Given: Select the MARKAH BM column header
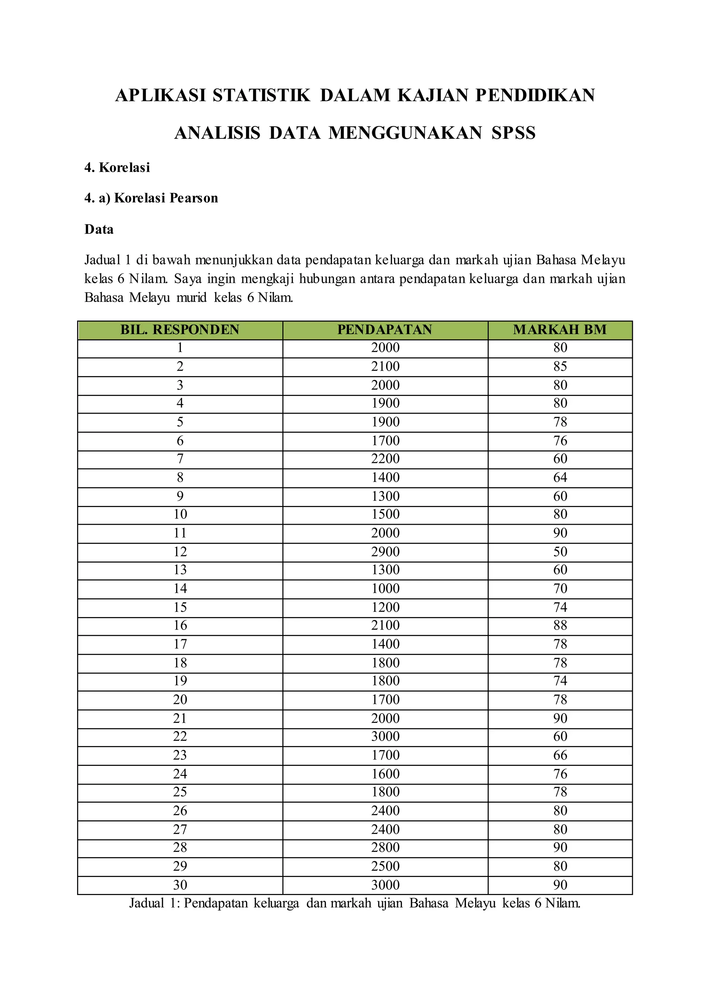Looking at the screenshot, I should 560,330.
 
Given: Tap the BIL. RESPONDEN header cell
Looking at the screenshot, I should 180,330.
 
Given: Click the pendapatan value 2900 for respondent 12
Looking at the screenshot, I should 385,551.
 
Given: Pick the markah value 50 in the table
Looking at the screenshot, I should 560,551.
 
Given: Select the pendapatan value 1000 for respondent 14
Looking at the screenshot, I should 385,589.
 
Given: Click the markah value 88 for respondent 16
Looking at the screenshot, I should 560,625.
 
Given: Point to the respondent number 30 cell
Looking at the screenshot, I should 180,885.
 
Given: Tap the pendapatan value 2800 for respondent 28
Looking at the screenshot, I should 385,847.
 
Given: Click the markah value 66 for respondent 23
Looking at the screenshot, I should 560,755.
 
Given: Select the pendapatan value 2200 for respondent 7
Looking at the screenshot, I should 385,459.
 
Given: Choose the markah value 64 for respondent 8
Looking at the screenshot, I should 560,478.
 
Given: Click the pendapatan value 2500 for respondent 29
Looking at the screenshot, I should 385,866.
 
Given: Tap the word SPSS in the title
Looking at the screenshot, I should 513,133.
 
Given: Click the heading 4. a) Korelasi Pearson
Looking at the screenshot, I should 151,198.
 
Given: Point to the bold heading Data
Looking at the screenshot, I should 99,229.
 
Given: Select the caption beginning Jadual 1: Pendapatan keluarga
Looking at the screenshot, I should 354,903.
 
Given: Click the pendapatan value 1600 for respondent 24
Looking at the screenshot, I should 385,774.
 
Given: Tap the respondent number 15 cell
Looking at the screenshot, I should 180,607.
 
